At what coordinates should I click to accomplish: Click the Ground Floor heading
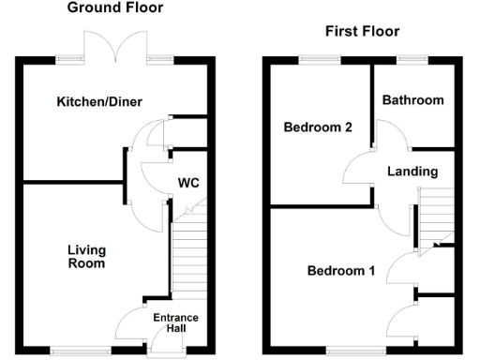click(x=115, y=8)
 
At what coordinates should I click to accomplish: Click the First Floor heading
click(x=362, y=32)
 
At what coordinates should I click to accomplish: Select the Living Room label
click(x=85, y=257)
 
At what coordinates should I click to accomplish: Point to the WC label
click(x=187, y=182)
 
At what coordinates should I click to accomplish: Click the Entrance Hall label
click(x=175, y=322)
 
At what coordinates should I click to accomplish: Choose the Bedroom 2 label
click(x=317, y=127)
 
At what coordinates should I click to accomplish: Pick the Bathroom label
click(x=412, y=100)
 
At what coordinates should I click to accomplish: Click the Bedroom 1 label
click(x=341, y=272)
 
